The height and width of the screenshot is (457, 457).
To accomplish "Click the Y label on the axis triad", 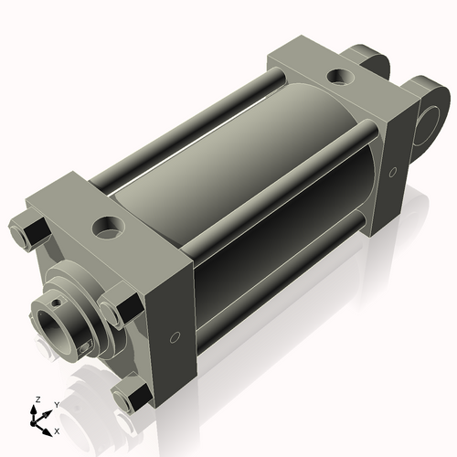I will pos(56,404).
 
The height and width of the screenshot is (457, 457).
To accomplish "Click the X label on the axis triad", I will pos(58,430).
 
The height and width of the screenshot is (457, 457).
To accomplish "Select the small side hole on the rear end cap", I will pos(393,172).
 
